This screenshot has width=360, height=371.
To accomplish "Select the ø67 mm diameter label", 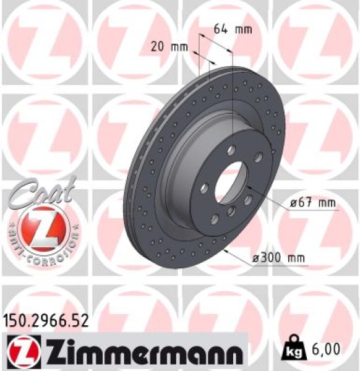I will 315,202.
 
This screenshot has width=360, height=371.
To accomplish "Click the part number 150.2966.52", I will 46,320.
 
